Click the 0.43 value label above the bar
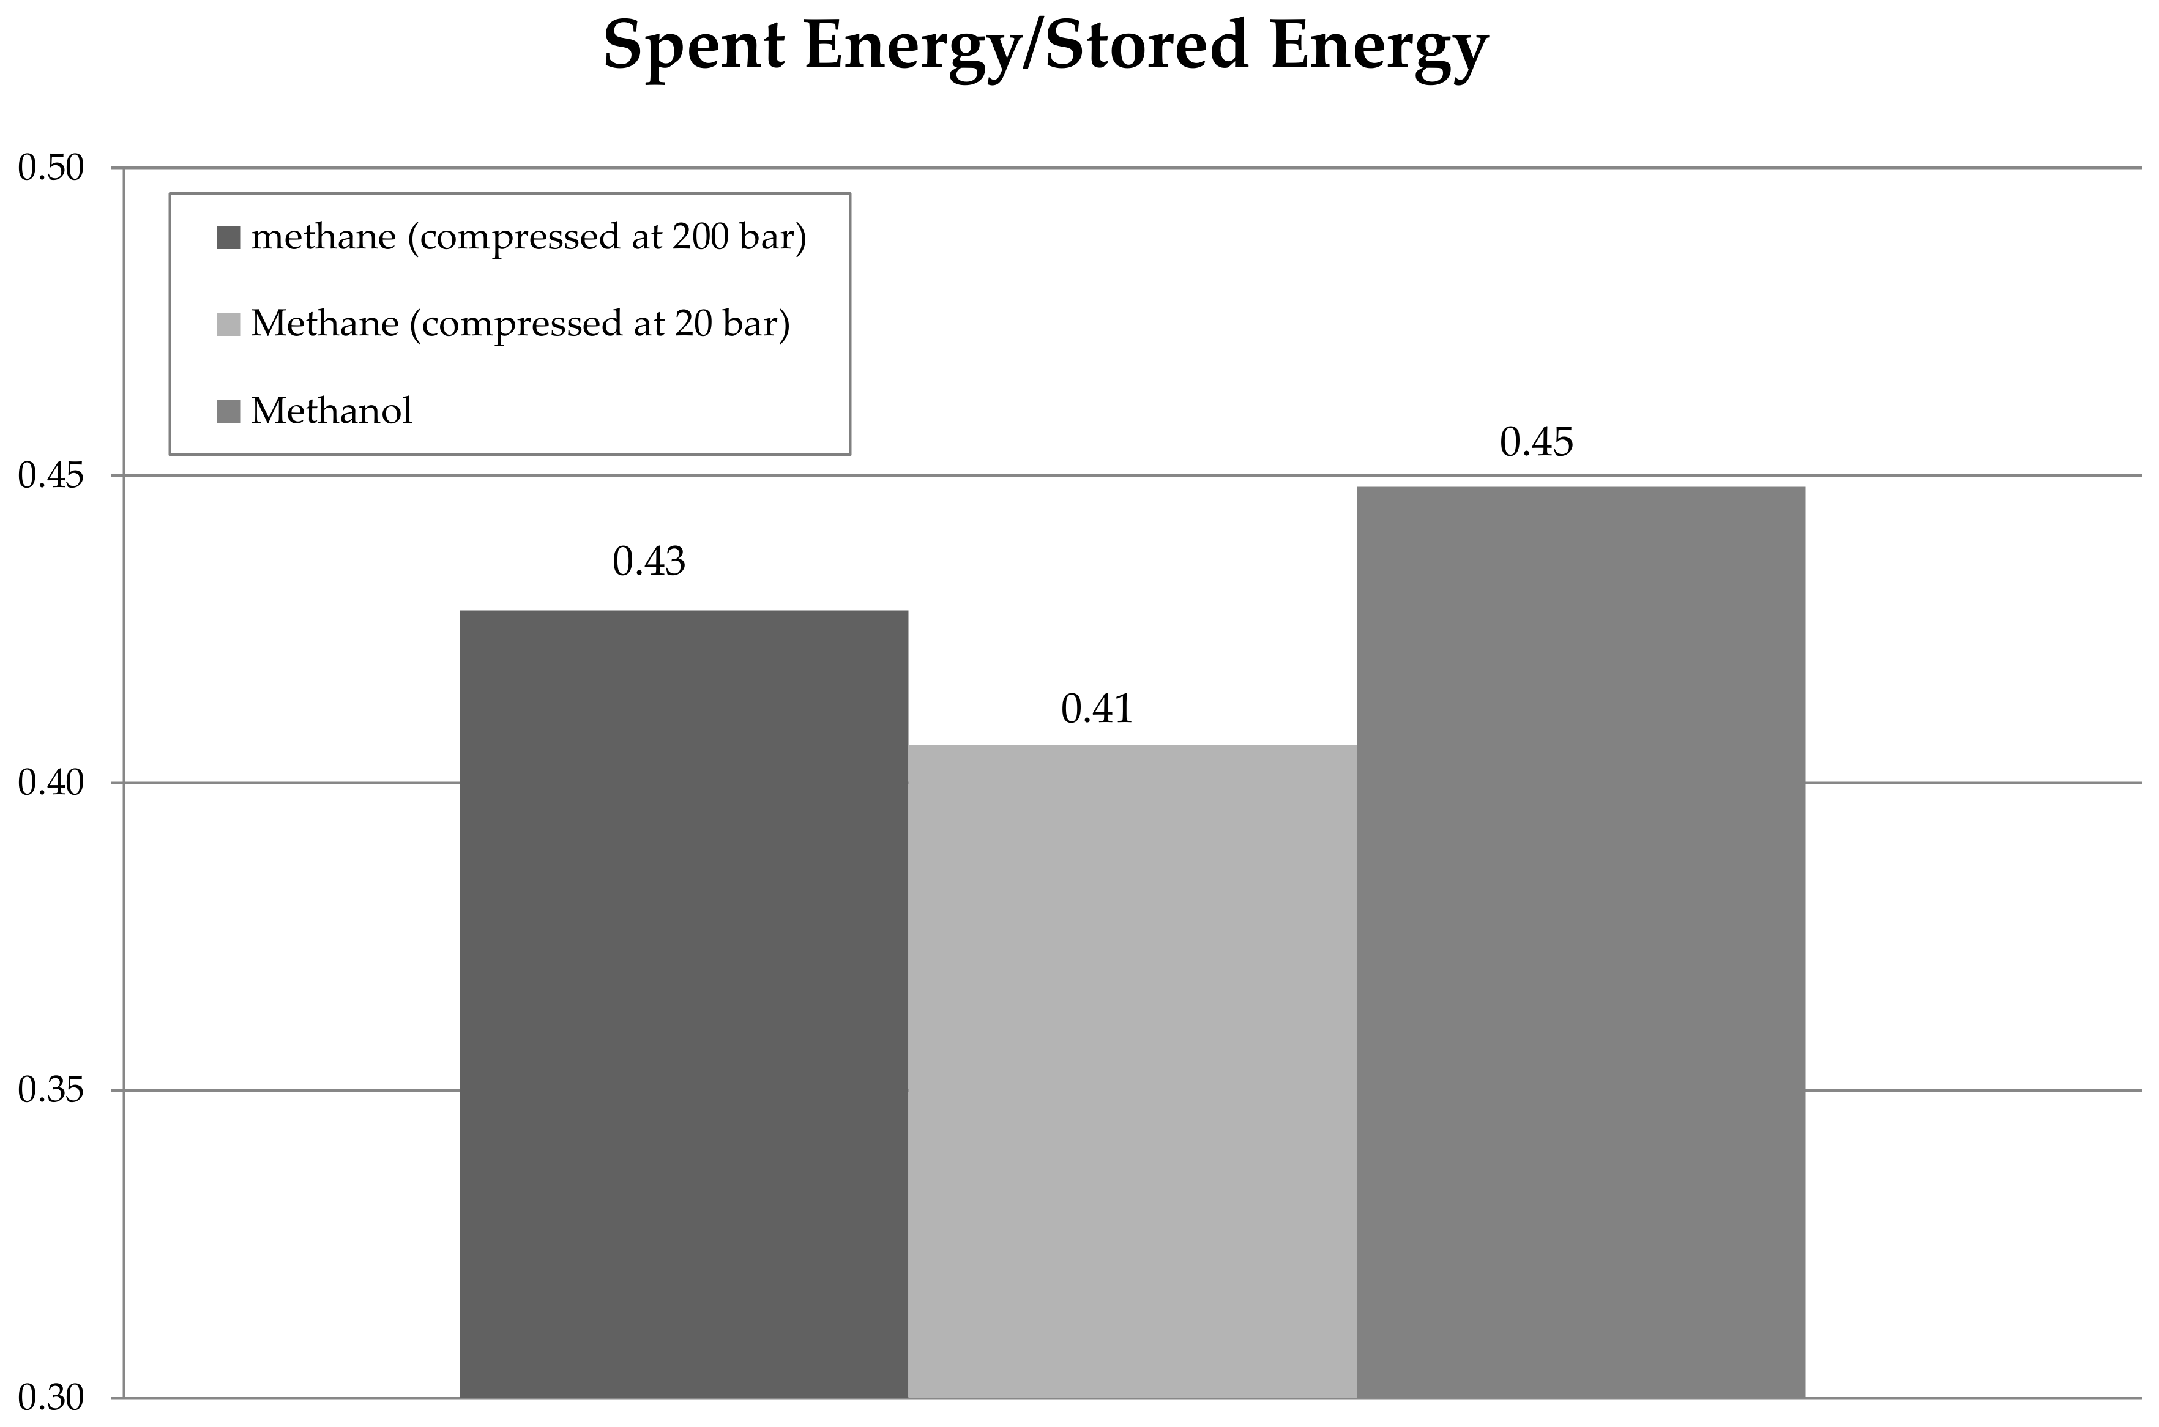[648, 562]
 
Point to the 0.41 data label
[1097, 709]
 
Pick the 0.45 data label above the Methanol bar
[1537, 442]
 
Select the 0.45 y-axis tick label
[51, 476]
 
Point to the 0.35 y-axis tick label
[51, 1090]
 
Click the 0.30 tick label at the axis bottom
[51, 1397]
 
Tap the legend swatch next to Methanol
[228, 411]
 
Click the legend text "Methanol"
[331, 411]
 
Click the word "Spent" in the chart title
[693, 45]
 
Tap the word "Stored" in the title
[1145, 45]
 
